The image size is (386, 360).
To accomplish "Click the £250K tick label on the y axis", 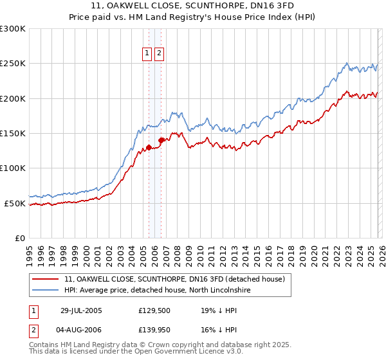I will click(x=13, y=64).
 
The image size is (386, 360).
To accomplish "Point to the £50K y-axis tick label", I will click(x=15, y=203).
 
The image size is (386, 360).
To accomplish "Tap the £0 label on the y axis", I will click(x=20, y=238).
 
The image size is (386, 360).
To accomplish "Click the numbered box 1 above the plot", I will click(x=147, y=54).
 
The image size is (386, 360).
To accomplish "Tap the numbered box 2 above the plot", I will click(x=159, y=54).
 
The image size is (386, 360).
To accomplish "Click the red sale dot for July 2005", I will click(x=149, y=147).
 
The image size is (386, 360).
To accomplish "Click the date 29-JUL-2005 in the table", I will click(x=81, y=310).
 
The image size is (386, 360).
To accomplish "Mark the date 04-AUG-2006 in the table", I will click(x=81, y=330).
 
